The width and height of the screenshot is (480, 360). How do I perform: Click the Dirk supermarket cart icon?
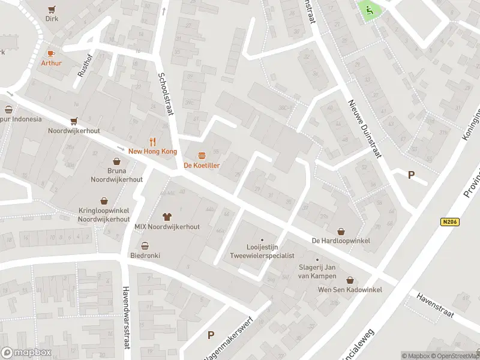pos(52,9)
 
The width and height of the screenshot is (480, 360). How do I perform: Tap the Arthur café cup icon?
pos(51,53)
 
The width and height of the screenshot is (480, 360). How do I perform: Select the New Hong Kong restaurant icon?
pos(153,142)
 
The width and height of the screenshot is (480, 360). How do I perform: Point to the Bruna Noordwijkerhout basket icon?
pos(117,161)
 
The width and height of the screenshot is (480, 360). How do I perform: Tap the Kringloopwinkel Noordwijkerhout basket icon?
pos(104,201)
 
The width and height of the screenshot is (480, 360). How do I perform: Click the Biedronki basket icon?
pos(145,245)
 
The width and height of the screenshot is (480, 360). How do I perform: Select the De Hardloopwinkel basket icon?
pos(341,231)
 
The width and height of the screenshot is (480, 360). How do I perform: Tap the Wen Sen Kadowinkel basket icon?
pos(350,280)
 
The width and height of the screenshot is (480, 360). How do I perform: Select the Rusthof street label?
pos(82,67)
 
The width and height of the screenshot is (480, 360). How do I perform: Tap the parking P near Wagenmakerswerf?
pos(211,335)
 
